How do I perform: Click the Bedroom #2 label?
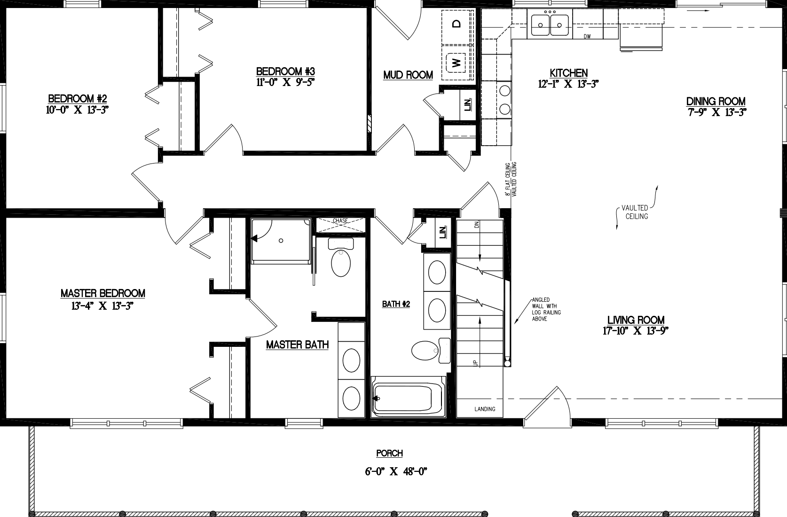pyautogui.click(x=78, y=99)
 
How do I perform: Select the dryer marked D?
pyautogui.click(x=455, y=24)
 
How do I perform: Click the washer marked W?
pyautogui.click(x=455, y=62)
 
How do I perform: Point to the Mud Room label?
pyautogui.click(x=408, y=75)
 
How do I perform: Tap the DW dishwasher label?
pyautogui.click(x=587, y=37)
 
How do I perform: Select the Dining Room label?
pyautogui.click(x=716, y=102)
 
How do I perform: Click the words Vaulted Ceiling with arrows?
pyautogui.click(x=636, y=212)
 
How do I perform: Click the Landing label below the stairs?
pyautogui.click(x=484, y=409)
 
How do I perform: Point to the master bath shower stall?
pyautogui.click(x=281, y=241)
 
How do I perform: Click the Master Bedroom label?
pyautogui.click(x=102, y=293)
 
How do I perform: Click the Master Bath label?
pyautogui.click(x=297, y=345)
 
